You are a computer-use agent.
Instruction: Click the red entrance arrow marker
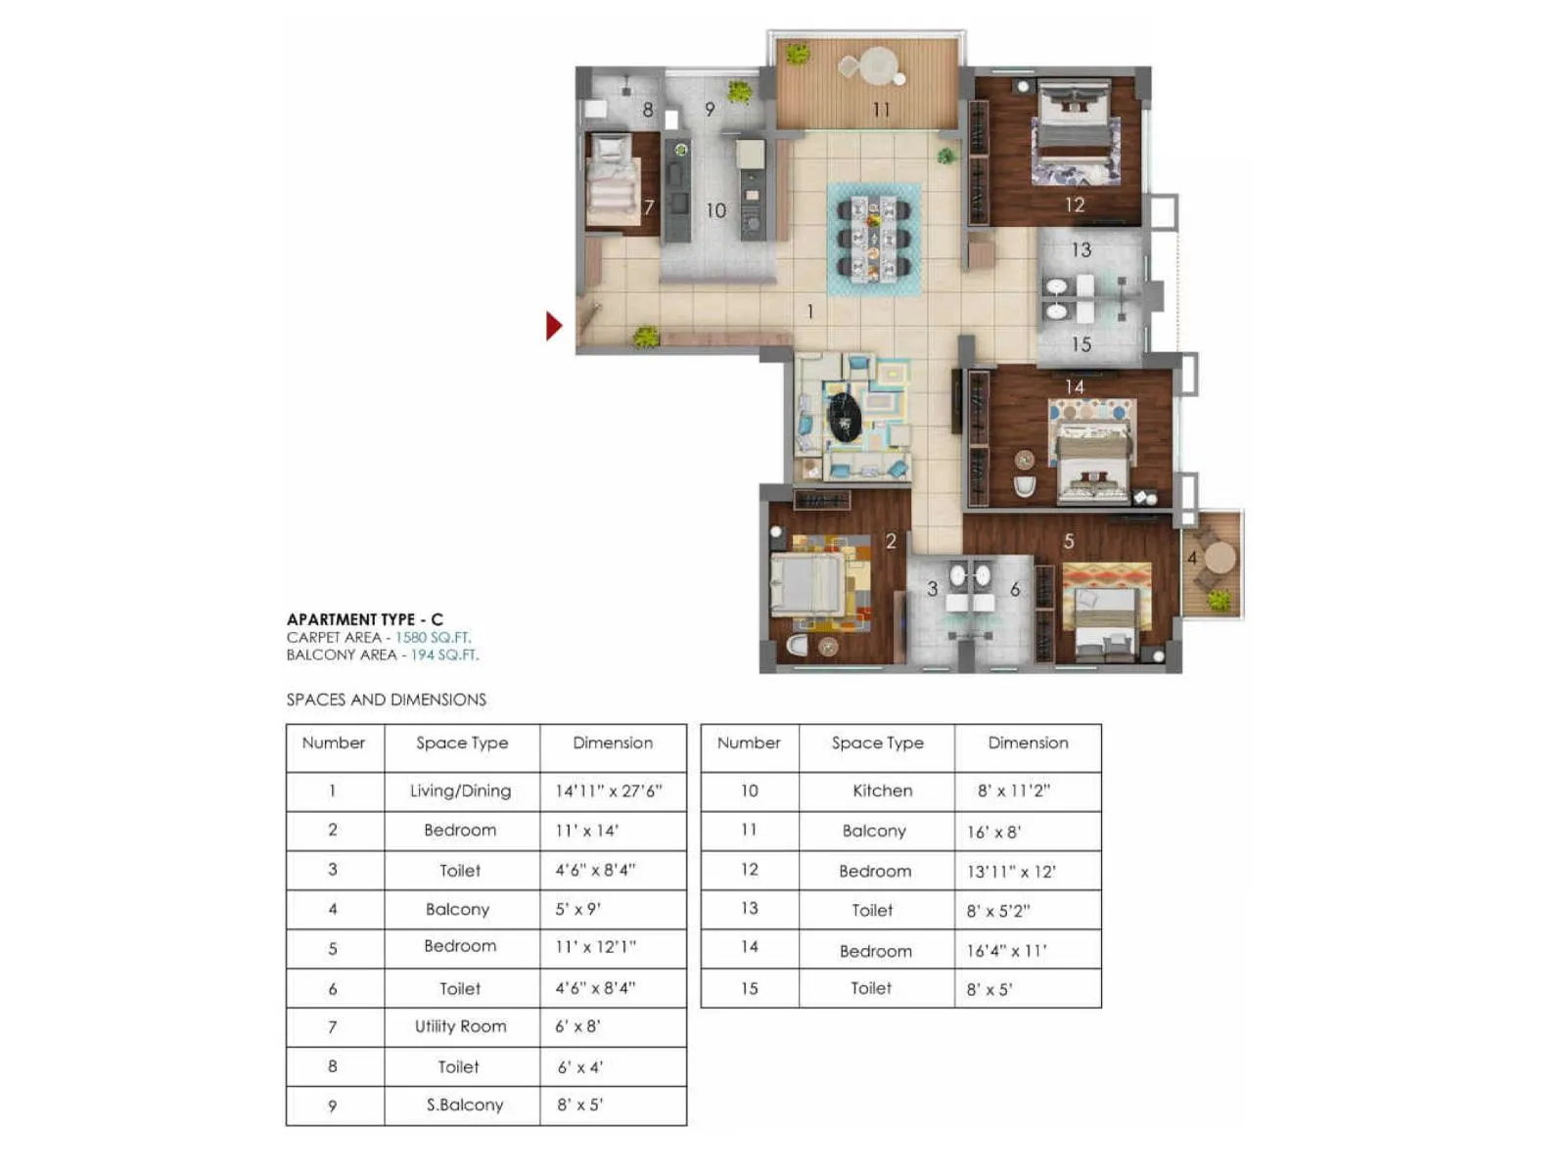[x=554, y=326]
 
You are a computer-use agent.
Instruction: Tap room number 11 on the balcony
[x=881, y=110]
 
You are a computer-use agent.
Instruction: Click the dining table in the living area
[x=873, y=238]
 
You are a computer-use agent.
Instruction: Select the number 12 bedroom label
[x=1075, y=204]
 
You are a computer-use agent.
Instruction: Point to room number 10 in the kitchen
[x=715, y=210]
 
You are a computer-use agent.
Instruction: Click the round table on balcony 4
[x=1220, y=558]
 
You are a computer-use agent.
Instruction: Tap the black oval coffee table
[x=844, y=415]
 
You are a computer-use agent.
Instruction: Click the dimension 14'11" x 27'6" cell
[x=609, y=790]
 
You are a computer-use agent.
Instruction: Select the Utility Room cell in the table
[x=460, y=1026]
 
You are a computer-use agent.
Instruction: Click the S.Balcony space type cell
[x=464, y=1105]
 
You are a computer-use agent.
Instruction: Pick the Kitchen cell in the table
[x=882, y=790]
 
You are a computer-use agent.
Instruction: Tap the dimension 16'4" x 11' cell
[x=1006, y=950]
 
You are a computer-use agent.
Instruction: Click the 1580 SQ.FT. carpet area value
[x=433, y=637]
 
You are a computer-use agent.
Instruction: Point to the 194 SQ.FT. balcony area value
[x=444, y=655]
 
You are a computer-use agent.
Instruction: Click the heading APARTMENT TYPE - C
[x=364, y=619]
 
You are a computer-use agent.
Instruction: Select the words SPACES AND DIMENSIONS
[x=386, y=700]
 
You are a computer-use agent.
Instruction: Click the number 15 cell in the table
[x=749, y=988]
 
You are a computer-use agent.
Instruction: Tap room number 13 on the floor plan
[x=1081, y=249]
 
